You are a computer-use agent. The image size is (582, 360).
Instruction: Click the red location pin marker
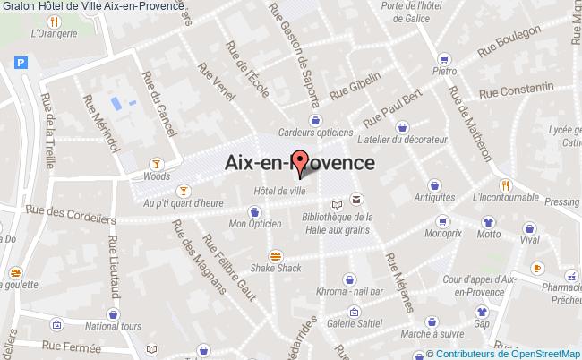coord(301,163)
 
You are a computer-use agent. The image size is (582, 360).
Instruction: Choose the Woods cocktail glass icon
coord(157,163)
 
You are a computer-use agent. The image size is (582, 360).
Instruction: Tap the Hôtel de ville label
coord(279,190)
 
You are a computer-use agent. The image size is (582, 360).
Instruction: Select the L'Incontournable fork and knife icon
coord(506,184)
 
